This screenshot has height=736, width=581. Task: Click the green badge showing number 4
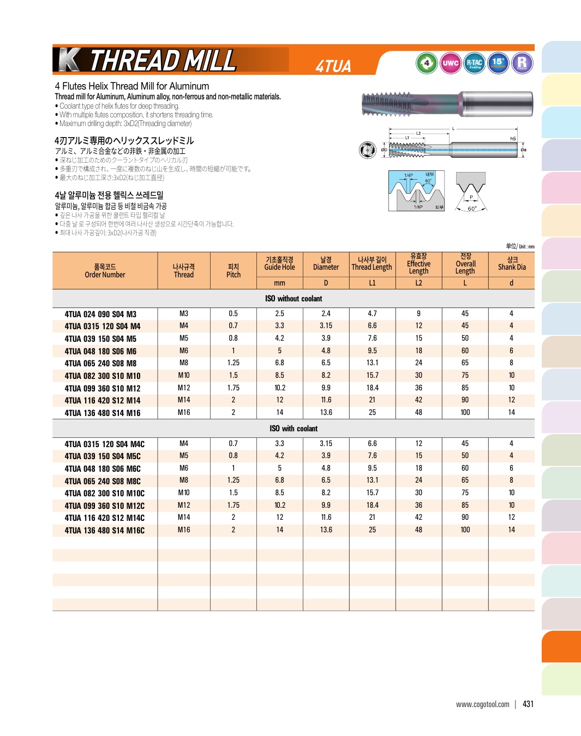click(427, 63)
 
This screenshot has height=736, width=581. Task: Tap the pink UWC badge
click(451, 63)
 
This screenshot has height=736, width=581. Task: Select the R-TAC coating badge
click(475, 63)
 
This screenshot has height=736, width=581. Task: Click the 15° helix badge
click(498, 63)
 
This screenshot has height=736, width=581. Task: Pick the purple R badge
click(522, 63)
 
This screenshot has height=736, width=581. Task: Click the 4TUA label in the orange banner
click(333, 66)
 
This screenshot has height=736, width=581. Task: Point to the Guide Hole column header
click(279, 264)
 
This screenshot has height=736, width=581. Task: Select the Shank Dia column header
click(512, 264)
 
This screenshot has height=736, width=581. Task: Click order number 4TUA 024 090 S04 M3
click(100, 314)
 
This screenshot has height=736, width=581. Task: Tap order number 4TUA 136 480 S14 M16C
click(104, 530)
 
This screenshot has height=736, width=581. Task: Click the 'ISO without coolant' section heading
click(294, 299)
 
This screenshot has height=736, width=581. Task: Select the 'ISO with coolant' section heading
click(294, 429)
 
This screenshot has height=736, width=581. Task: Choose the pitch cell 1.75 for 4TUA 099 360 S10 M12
click(233, 388)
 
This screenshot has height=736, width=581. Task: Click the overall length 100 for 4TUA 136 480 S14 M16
click(465, 413)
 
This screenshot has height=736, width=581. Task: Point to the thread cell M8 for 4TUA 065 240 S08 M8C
click(184, 480)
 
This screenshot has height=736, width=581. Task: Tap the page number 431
click(528, 704)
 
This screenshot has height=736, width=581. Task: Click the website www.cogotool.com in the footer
click(483, 704)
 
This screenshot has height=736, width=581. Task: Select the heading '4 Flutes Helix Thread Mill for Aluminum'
click(132, 86)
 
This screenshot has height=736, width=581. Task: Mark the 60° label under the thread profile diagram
click(472, 209)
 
